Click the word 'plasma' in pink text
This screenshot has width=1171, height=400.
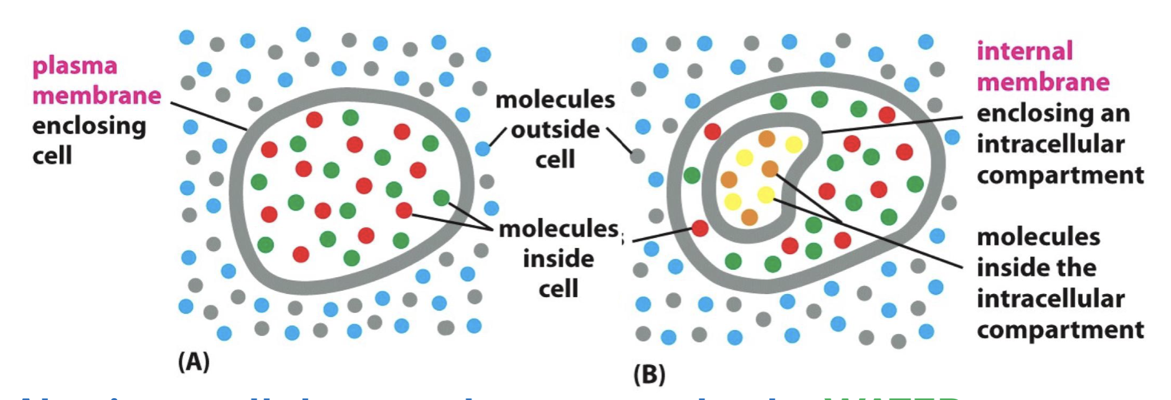[x=75, y=66]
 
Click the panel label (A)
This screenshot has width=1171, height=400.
[x=194, y=361]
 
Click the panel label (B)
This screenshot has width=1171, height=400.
[x=649, y=374]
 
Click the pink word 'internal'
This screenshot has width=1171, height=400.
[x=1025, y=51]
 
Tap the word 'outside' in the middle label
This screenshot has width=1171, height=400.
[x=555, y=130]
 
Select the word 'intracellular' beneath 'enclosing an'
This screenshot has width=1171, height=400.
[x=1050, y=144]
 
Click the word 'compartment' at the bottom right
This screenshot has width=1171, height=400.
[x=1060, y=330]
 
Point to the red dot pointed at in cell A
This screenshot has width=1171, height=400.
[x=404, y=211]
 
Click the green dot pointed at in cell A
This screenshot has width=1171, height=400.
[x=441, y=198]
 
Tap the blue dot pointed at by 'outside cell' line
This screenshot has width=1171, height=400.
[x=483, y=148]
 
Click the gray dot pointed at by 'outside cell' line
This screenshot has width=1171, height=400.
[x=637, y=155]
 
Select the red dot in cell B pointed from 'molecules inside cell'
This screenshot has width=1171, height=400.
[x=700, y=229]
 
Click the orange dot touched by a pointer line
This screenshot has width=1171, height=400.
[x=770, y=168]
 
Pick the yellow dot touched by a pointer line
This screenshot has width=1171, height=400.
[x=766, y=195]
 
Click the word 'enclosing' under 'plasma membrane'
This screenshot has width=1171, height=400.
[x=89, y=126]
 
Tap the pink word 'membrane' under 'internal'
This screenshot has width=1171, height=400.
[x=1043, y=82]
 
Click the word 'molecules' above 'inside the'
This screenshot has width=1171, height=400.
[x=1038, y=237]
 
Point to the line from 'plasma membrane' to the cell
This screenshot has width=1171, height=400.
[x=209, y=116]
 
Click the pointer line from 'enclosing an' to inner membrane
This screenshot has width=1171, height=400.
[x=891, y=125]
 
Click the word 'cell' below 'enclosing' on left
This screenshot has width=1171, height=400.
[x=52, y=155]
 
